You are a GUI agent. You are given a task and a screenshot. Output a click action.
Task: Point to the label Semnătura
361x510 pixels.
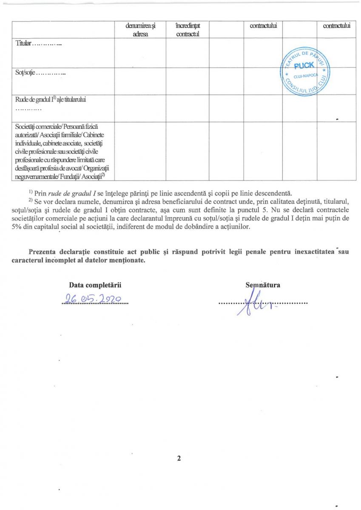pyautogui.click(x=262, y=285)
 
